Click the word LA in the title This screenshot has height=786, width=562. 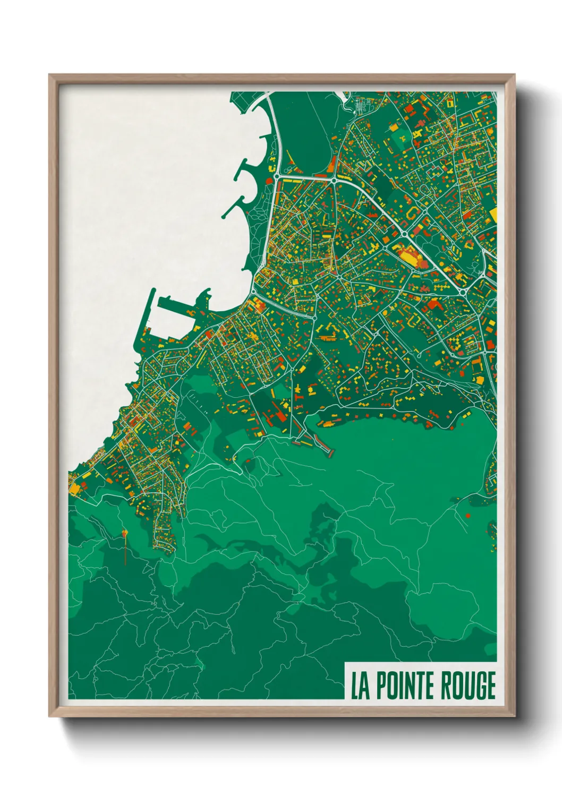coord(359,686)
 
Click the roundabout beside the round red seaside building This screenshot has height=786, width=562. coord(277,175)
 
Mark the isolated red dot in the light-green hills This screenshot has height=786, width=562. coord(468,515)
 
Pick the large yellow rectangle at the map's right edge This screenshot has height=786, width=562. coord(492,215)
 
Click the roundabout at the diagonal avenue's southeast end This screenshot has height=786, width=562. coord(462,292)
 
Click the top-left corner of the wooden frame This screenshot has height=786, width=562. coord(49,75)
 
